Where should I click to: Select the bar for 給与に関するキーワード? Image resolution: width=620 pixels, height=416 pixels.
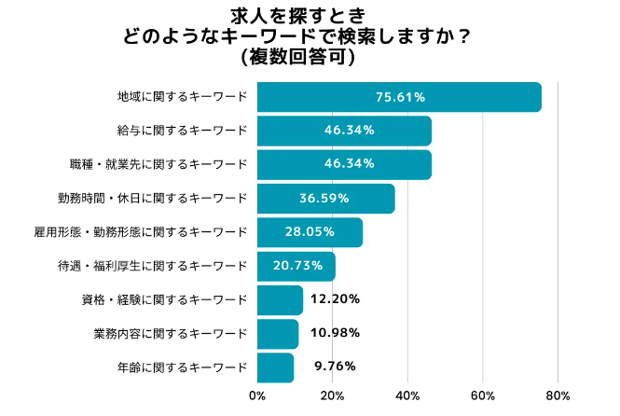click(x=344, y=131)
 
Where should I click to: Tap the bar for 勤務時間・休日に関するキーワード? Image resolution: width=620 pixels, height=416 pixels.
click(x=325, y=199)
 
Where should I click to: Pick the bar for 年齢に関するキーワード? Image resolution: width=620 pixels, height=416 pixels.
click(x=275, y=367)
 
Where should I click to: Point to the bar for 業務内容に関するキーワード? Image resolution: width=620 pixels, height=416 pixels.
click(x=278, y=333)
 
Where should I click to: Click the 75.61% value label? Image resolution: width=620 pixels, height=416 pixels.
click(x=400, y=97)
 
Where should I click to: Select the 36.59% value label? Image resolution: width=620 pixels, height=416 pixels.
click(x=324, y=199)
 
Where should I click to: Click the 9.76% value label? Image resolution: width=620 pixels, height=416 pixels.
click(x=330, y=367)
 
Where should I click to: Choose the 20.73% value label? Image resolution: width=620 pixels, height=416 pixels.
click(x=297, y=266)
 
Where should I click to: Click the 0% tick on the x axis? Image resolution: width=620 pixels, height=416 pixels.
click(x=257, y=395)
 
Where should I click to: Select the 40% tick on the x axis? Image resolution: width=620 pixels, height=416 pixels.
click(x=407, y=395)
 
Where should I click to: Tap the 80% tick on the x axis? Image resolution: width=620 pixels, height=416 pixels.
click(x=558, y=395)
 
